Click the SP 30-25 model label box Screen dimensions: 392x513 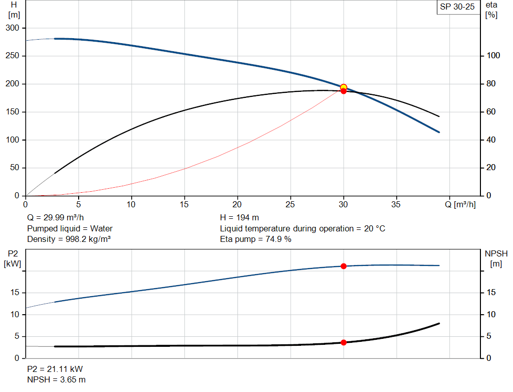457,7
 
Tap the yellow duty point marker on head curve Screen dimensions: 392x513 344,87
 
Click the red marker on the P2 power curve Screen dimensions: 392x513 344,266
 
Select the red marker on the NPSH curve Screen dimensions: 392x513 344,342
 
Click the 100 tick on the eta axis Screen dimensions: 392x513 493,56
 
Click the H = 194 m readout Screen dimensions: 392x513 239,218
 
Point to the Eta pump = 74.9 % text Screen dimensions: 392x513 255,239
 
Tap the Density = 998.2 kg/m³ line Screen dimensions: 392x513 69,239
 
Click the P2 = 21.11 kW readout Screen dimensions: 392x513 55,369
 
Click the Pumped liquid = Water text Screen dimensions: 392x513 70,228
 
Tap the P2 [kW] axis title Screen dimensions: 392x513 13,259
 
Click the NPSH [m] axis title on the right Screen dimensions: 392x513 496,258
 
